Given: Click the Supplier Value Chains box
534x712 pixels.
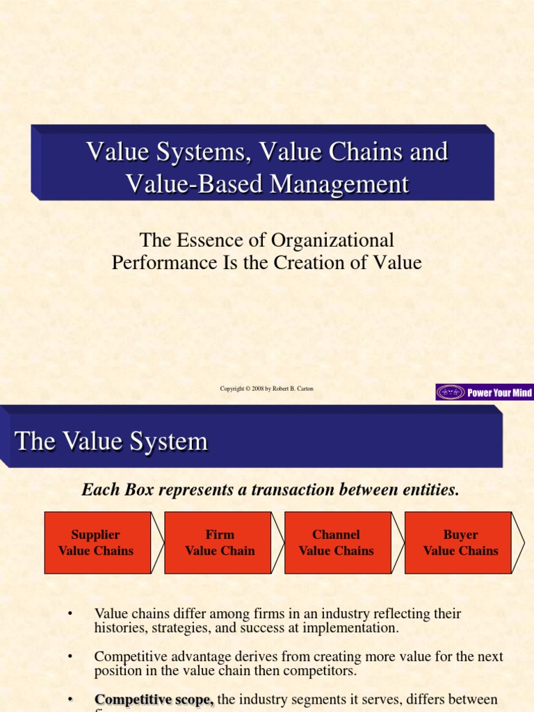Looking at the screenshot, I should [96, 543].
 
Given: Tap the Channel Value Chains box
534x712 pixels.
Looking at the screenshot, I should [337, 543].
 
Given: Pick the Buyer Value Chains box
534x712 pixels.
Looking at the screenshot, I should [460, 543].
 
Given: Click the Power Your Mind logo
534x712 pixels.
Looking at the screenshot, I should [485, 393].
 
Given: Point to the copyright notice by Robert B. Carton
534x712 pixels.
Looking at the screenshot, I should [266, 389].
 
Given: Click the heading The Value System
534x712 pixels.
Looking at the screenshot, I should [111, 442].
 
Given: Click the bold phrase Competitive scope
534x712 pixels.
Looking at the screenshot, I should [154, 699].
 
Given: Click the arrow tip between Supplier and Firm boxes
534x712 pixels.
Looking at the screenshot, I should [158, 543].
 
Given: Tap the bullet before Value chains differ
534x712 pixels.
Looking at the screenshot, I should [70, 613].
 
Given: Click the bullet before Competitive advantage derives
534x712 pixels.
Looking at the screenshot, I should [70, 656].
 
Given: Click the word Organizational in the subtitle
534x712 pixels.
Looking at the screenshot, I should [332, 241].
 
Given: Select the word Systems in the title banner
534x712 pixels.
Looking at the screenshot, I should [199, 152].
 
